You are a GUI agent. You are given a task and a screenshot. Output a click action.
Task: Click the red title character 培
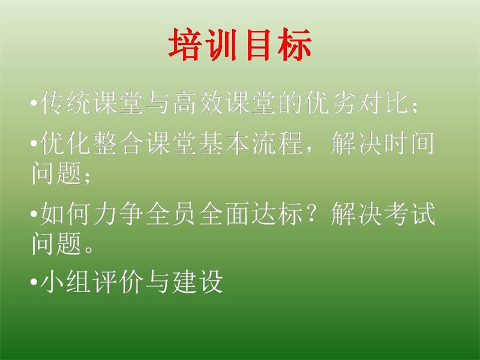click(x=185, y=44)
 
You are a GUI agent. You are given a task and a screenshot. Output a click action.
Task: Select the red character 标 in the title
click(x=295, y=44)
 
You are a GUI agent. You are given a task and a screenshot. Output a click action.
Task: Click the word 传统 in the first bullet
click(x=65, y=103)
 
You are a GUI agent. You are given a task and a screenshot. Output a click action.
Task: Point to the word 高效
click(x=199, y=103)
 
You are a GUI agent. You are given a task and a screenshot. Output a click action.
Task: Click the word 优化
click(x=65, y=143)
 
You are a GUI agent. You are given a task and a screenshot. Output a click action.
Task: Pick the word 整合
click(x=118, y=143)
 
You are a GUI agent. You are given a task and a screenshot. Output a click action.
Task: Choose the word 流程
click(x=278, y=143)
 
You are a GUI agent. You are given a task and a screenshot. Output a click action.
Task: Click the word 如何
click(x=65, y=214)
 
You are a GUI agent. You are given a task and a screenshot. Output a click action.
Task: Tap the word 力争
click(x=118, y=214)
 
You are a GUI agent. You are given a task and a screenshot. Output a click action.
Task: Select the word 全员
click(x=172, y=214)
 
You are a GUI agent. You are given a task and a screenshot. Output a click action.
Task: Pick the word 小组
click(x=65, y=281)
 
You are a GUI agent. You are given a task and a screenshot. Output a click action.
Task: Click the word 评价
click(x=118, y=281)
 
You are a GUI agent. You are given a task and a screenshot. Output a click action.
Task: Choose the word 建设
click(x=198, y=281)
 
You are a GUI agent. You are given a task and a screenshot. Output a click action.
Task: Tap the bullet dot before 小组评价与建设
click(x=34, y=281)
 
